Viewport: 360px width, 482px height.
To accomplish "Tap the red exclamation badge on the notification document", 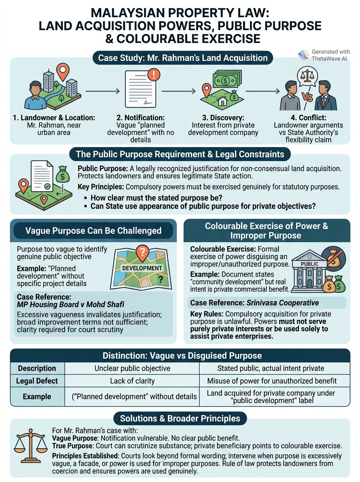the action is (154, 75).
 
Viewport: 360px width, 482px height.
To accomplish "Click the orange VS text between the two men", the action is (307, 97).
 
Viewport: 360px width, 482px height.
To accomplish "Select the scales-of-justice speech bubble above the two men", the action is (307, 78).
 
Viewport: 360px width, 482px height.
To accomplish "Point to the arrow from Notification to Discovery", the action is (178, 91).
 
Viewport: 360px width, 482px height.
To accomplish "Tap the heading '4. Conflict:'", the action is (309, 118).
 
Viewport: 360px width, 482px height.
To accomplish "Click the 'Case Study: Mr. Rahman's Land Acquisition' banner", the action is (183, 58).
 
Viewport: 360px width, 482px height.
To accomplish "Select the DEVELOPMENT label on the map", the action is (142, 268).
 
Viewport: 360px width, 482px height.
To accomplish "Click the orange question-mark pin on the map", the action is (143, 253).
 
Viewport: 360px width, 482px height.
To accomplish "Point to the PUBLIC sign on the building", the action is (309, 264).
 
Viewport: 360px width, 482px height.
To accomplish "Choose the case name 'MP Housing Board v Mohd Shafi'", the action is (70, 304).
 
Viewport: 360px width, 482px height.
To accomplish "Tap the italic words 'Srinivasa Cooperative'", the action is (282, 303).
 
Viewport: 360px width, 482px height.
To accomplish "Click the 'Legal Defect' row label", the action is (37, 381).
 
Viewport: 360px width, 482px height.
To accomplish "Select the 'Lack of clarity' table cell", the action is (133, 381).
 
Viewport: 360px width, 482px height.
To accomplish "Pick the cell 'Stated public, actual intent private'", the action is (271, 368).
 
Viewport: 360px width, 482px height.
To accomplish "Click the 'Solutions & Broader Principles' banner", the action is (180, 418).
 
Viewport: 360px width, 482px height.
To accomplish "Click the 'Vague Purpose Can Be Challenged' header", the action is (93, 231).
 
